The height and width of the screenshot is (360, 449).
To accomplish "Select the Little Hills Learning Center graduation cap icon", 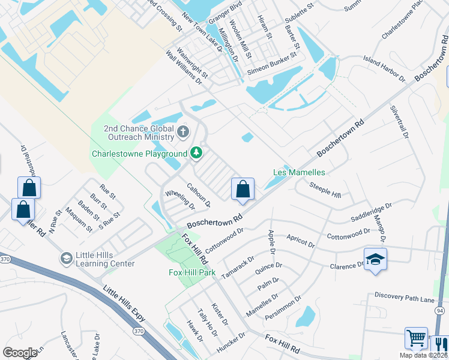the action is (x=66, y=259).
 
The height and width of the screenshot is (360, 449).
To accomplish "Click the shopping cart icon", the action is (x=416, y=338).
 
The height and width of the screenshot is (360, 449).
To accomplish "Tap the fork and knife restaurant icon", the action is (x=440, y=345).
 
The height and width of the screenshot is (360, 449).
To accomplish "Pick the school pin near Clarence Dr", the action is (x=375, y=259).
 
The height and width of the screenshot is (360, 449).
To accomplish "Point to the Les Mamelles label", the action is (x=299, y=172).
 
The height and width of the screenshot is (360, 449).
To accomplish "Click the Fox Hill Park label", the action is (x=192, y=272).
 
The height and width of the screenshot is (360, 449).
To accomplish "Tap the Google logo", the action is (x=20, y=353).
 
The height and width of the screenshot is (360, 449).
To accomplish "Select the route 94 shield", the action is (x=440, y=310).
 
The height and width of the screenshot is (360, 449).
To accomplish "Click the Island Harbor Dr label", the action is (x=384, y=68).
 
